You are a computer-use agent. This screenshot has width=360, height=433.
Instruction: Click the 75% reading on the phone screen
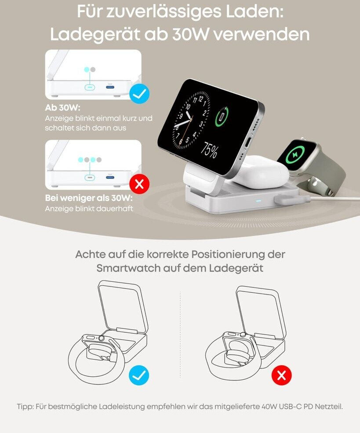click(x=209, y=151)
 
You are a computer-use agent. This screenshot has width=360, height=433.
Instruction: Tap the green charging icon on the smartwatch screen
click(x=295, y=154)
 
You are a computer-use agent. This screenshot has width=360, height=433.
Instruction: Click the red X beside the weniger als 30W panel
click(x=139, y=184)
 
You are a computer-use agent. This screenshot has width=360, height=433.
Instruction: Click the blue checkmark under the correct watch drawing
click(x=139, y=375)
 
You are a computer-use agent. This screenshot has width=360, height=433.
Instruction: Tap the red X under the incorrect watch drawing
click(x=282, y=375)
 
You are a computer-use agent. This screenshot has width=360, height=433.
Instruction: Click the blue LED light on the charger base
click(x=258, y=201)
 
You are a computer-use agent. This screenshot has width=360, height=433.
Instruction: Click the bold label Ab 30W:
click(x=63, y=108)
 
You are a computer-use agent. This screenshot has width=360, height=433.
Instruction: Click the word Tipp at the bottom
click(x=25, y=407)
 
